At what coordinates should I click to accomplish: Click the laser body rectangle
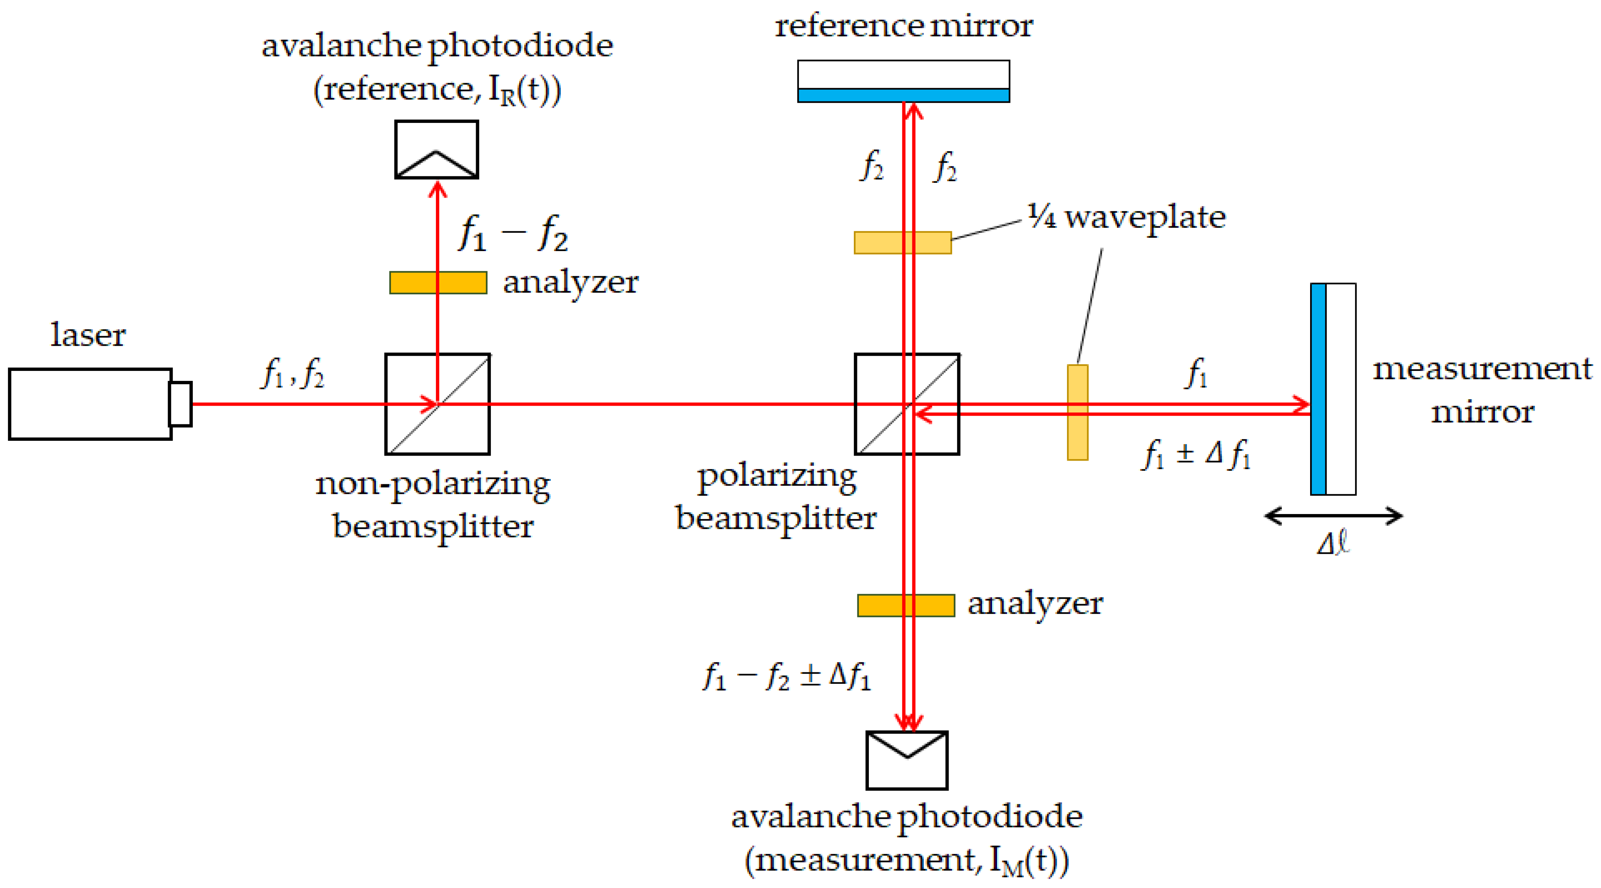tap(90, 404)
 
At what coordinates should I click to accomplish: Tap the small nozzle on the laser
tap(180, 404)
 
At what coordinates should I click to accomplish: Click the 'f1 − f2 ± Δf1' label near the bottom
tap(787, 676)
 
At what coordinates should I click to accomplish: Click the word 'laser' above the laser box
tap(88, 335)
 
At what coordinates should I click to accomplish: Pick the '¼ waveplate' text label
tap(1126, 218)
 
